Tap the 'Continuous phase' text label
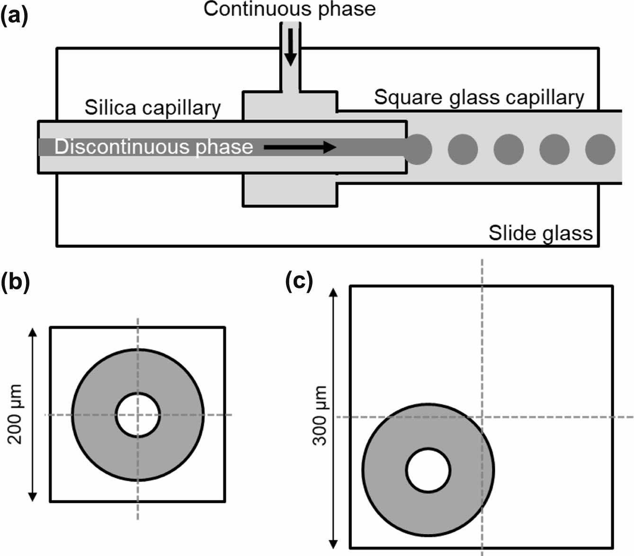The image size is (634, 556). [290, 9]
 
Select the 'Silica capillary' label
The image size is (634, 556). [152, 108]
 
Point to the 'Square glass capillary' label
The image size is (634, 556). [479, 98]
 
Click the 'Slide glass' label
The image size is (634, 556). [540, 233]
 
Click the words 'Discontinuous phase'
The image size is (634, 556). [153, 147]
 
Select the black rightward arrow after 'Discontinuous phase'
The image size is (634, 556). [299, 147]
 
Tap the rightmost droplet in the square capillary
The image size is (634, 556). [600, 149]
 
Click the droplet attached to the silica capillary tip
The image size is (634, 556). [418, 149]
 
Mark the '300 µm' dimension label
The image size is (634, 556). [321, 415]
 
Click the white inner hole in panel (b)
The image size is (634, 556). [138, 415]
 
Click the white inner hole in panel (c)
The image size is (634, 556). [428, 470]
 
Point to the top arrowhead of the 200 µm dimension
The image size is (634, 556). [32, 332]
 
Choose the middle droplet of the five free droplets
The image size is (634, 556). [509, 149]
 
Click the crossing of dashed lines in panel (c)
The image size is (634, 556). [482, 417]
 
